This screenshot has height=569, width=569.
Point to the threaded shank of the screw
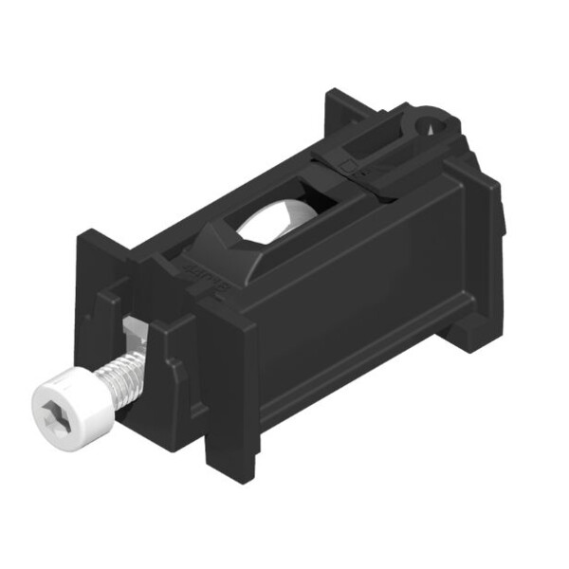125,378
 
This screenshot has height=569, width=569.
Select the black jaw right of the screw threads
166,379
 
